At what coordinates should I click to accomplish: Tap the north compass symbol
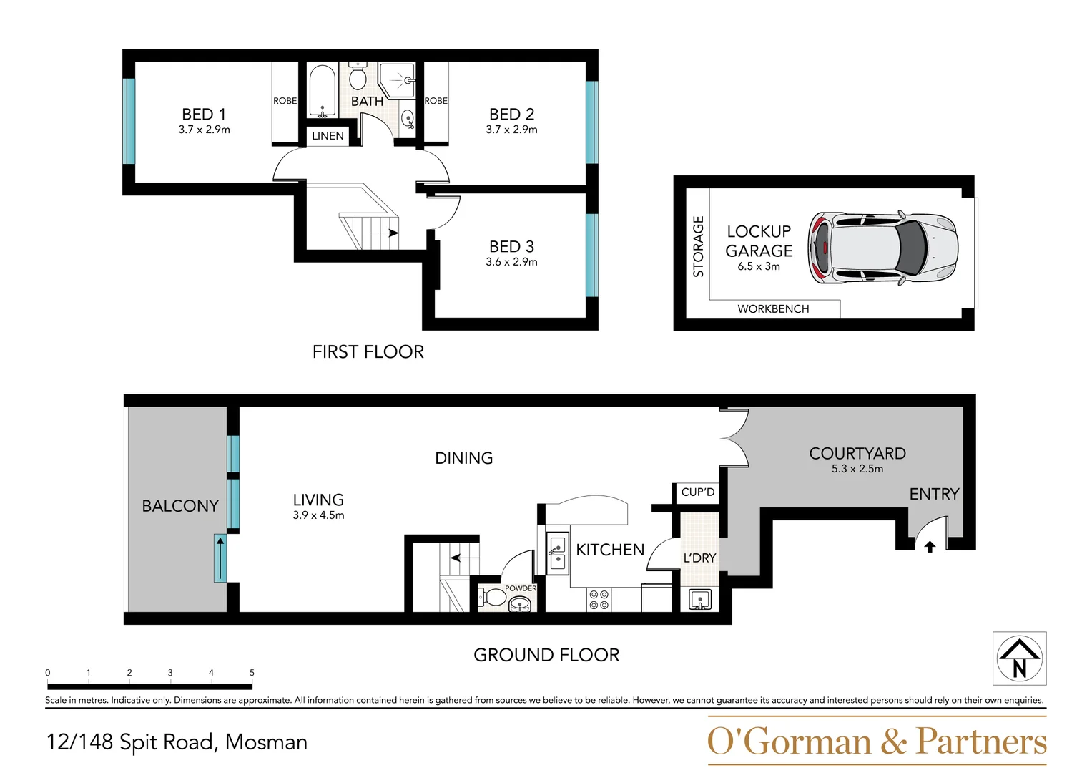click(x=1019, y=658)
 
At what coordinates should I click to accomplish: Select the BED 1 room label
click(x=204, y=115)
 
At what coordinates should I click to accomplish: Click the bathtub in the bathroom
click(x=322, y=90)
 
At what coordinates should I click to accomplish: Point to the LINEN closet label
click(x=328, y=136)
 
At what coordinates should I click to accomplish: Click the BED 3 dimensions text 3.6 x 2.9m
click(x=511, y=262)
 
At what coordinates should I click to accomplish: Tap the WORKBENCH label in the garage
click(x=773, y=309)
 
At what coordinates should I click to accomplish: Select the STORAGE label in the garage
click(x=698, y=246)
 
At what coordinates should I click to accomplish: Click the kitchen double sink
click(x=556, y=553)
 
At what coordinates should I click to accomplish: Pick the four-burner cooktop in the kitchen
click(x=599, y=600)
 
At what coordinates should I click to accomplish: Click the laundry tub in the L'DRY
click(x=699, y=599)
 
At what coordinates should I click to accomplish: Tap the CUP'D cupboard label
click(x=697, y=492)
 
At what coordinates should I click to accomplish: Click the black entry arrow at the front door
click(x=929, y=547)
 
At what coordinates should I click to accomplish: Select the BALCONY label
click(x=180, y=506)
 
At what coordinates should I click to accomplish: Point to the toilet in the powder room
click(x=493, y=597)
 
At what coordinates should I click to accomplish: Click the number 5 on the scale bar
click(x=252, y=673)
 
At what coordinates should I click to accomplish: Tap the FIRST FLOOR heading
click(x=368, y=352)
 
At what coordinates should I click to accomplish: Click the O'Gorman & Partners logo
click(x=876, y=742)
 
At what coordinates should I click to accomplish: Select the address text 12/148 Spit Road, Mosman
click(x=177, y=742)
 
